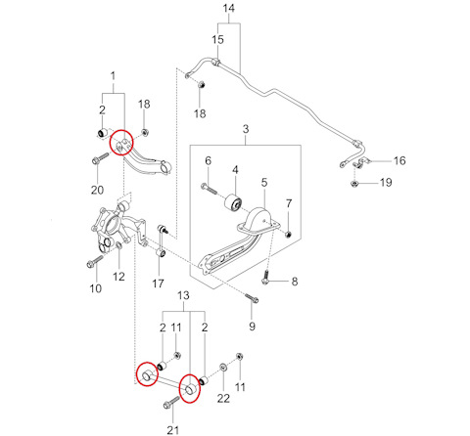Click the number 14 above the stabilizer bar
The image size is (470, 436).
click(x=229, y=8)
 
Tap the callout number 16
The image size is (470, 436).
click(x=399, y=160)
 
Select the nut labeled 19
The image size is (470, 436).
click(x=353, y=184)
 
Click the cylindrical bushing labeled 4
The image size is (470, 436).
click(x=233, y=202)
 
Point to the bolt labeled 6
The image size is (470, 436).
click(x=209, y=189)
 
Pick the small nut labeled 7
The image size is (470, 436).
click(x=288, y=234)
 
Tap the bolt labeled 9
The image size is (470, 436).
click(x=252, y=298)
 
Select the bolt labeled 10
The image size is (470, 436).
click(x=95, y=261)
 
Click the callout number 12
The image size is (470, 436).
click(x=118, y=277)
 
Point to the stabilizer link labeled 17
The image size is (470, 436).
click(x=162, y=240)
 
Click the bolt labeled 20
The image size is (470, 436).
click(x=101, y=157)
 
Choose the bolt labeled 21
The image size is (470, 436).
click(x=172, y=402)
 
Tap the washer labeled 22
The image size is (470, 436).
click(x=223, y=367)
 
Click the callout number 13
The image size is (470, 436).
click(x=183, y=295)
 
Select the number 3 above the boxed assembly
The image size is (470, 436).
click(x=246, y=129)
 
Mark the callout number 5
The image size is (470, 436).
click(x=264, y=183)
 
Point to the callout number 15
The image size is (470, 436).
click(x=217, y=40)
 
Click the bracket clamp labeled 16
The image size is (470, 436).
click(x=360, y=163)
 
